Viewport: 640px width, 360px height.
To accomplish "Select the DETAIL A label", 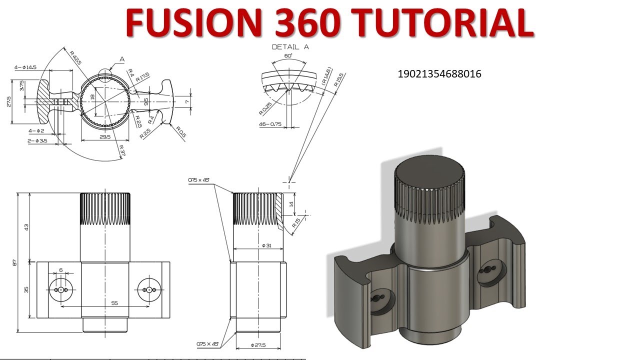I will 290,47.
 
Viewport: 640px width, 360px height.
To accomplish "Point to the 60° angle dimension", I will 288,56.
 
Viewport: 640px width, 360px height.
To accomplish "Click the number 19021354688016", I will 439,74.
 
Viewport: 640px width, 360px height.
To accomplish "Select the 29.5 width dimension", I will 104,136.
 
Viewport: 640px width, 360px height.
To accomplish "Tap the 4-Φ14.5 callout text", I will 25,67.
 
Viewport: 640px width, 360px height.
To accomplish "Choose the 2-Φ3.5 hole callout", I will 38,141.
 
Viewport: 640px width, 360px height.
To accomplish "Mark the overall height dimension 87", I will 14,262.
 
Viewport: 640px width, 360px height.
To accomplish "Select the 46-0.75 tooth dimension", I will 270,124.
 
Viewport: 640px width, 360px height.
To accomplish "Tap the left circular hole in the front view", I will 61,290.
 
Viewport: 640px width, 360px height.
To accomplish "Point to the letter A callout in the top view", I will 122,59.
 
